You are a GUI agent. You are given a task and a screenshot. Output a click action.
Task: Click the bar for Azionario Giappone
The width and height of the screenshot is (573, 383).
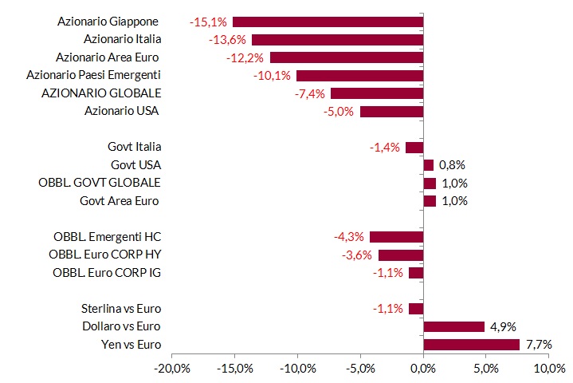pyautogui.click(x=328, y=22)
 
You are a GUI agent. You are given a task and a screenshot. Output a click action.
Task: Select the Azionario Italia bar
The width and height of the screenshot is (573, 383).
pyautogui.click(x=338, y=40)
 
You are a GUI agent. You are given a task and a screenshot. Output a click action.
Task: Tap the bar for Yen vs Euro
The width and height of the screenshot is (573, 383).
pyautogui.click(x=472, y=345)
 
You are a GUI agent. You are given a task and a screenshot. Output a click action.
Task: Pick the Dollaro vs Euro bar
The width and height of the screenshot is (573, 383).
pyautogui.click(x=454, y=326)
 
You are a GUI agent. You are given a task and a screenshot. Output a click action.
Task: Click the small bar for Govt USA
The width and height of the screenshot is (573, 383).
pyautogui.click(x=429, y=165)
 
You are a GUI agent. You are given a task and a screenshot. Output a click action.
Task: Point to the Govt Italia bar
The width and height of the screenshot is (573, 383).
pyautogui.click(x=414, y=148)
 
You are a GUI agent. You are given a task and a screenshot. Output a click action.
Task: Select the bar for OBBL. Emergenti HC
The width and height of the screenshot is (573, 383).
pyautogui.click(x=397, y=237)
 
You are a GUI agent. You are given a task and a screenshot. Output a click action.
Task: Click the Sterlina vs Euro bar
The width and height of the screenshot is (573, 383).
pyautogui.click(x=416, y=309)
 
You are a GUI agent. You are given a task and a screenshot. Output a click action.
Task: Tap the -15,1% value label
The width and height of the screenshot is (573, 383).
pyautogui.click(x=208, y=22)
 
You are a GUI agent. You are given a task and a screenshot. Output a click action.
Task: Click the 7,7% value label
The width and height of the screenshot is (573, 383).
pyautogui.click(x=539, y=345)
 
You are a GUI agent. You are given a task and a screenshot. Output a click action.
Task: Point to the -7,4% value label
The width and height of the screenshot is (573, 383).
pyautogui.click(x=310, y=94)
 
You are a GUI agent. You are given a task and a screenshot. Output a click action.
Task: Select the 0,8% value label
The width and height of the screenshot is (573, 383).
pyautogui.click(x=452, y=165)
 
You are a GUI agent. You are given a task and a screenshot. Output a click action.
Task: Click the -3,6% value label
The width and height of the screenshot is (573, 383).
pyautogui.click(x=357, y=255)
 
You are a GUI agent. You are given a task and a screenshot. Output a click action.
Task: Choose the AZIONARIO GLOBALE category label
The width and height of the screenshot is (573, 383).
pyautogui.click(x=101, y=93)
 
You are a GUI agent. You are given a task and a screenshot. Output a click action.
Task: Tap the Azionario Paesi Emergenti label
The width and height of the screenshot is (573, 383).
pyautogui.click(x=93, y=75)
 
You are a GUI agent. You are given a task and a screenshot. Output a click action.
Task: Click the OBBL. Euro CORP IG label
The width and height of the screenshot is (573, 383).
pyautogui.click(x=107, y=273)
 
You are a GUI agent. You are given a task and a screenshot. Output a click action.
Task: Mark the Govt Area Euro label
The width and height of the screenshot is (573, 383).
pyautogui.click(x=119, y=201)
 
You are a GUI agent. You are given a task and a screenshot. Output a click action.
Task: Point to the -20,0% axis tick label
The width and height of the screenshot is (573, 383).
pyautogui.click(x=172, y=369)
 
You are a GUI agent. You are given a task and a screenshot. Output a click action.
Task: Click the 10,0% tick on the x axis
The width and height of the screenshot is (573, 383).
pyautogui.click(x=550, y=369)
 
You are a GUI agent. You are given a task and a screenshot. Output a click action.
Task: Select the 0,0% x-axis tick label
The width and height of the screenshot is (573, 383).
pyautogui.click(x=423, y=369)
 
